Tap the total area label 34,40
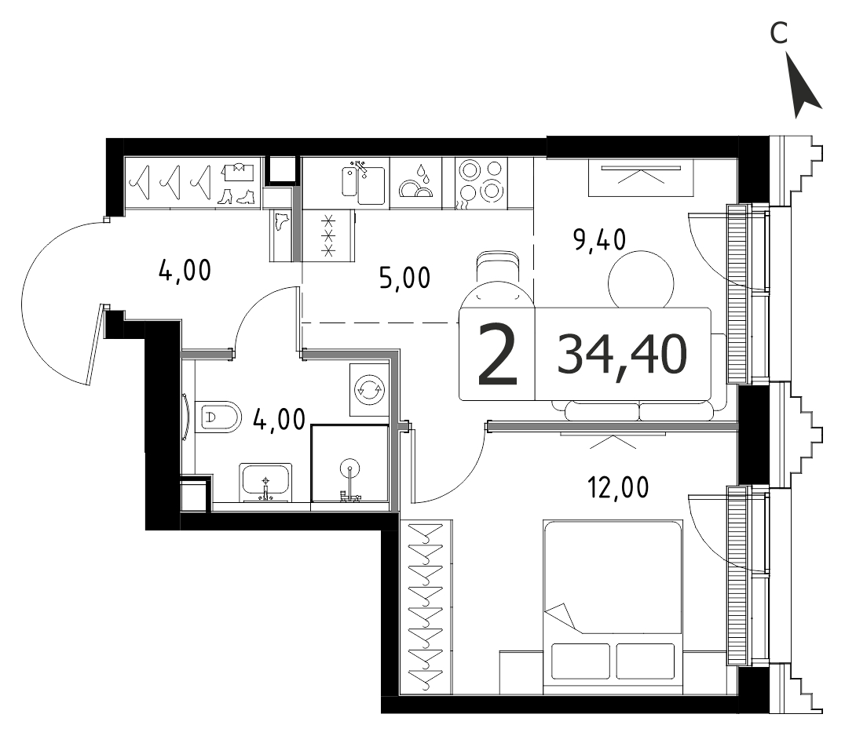(x=623, y=354)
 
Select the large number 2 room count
(x=497, y=355)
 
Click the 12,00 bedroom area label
(x=618, y=487)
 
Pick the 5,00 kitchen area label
(x=404, y=278)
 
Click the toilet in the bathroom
(x=218, y=416)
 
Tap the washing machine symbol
(x=368, y=389)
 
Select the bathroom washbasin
(x=265, y=482)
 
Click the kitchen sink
(x=364, y=184)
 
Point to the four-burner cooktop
(x=481, y=184)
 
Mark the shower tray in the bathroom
(x=349, y=463)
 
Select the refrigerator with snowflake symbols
(x=327, y=235)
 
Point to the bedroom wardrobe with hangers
(x=426, y=607)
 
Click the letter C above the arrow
(x=779, y=33)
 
